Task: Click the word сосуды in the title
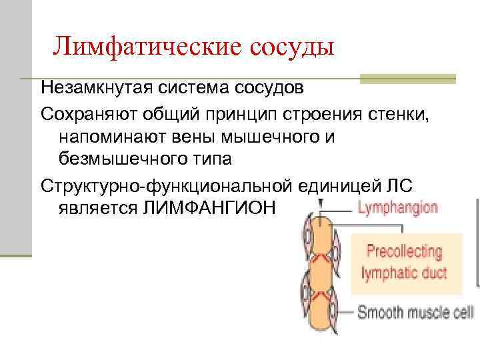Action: pyautogui.click(x=291, y=47)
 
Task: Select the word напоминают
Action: pyautogui.click(x=107, y=137)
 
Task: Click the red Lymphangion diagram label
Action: pyautogui.click(x=398, y=207)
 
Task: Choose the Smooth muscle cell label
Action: pyautogui.click(x=415, y=312)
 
